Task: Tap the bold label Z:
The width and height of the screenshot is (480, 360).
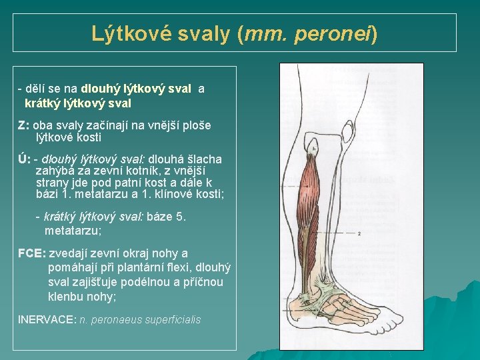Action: (23, 125)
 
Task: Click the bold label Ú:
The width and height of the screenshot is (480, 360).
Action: (24, 159)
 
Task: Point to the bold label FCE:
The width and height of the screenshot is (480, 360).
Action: (31, 253)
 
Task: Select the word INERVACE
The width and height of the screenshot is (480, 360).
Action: (47, 319)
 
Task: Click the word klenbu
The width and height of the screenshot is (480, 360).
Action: (66, 297)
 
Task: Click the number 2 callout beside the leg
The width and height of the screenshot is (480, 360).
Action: (359, 234)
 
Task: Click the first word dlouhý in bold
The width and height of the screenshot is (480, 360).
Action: (99, 89)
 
